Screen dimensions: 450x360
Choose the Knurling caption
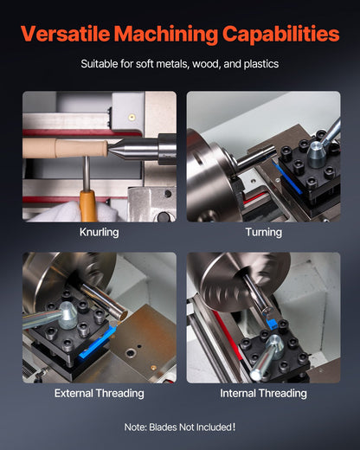pos(99,232)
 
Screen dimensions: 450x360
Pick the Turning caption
pos(263,232)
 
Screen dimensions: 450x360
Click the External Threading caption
pos(99,393)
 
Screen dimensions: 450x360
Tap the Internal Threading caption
pos(263,393)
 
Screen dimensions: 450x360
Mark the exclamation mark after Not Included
pos(234,426)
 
